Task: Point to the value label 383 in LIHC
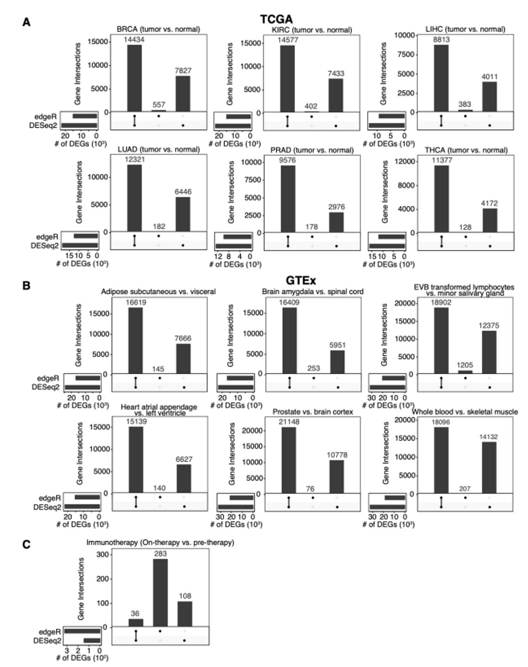click(465, 103)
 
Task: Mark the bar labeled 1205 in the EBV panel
click(465, 371)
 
